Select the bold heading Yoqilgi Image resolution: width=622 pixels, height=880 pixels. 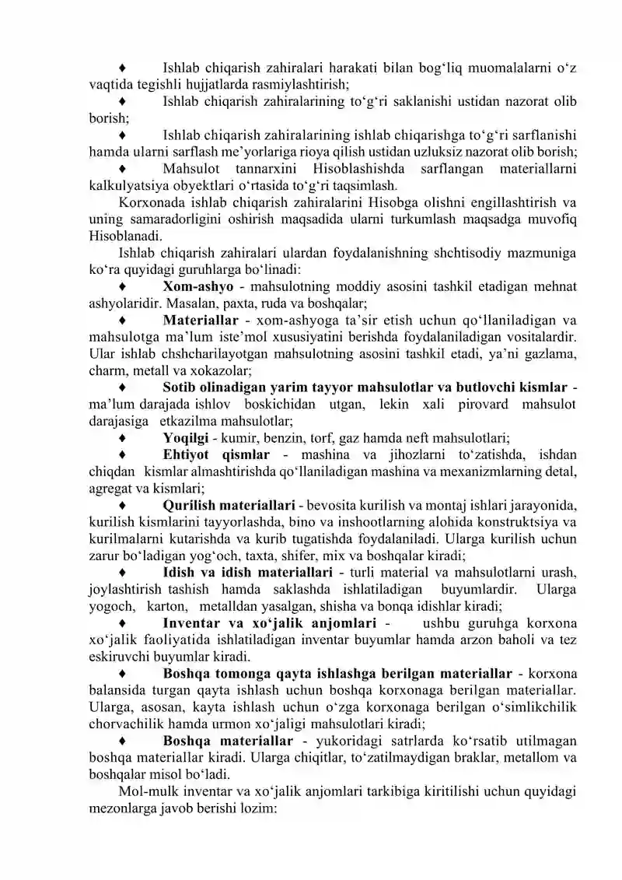184,438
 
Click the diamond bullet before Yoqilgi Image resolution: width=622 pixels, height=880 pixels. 121,438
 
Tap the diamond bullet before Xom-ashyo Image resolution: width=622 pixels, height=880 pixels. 121,286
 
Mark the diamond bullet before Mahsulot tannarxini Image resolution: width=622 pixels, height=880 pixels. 121,169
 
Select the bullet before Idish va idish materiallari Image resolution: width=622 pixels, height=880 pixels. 121,572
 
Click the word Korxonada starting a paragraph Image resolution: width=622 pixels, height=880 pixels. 152,203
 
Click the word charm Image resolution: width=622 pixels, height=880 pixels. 106,370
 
